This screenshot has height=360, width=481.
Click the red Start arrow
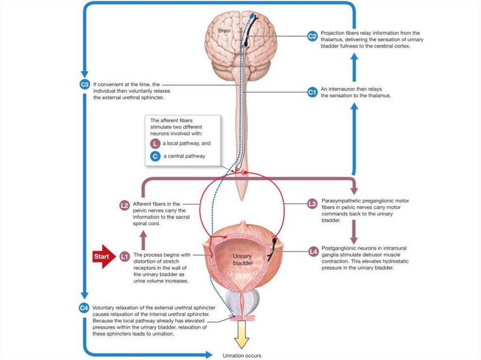coord(104,256)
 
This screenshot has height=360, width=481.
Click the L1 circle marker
coord(124,256)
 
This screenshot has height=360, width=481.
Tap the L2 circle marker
coord(124,205)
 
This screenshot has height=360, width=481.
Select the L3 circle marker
coord(312,204)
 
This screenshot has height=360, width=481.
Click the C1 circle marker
coord(312,92)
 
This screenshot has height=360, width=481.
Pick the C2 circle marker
coord(312,36)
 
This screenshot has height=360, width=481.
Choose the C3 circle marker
coord(84,85)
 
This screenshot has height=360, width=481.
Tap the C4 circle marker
coord(84,308)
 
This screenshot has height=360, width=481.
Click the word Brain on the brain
coord(225,31)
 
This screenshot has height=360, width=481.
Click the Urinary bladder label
coord(242,260)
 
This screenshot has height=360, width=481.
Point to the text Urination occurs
coord(241,355)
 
